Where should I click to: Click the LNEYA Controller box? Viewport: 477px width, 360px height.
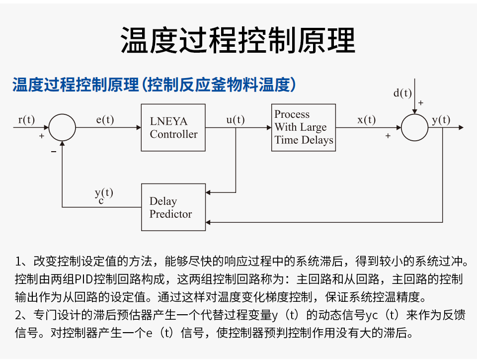point(173,128)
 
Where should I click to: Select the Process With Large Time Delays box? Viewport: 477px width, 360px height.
point(303,127)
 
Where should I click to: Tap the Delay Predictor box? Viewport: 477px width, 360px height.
point(173,207)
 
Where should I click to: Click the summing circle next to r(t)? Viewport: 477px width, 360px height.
point(62,128)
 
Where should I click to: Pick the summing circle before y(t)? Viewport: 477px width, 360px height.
point(414,128)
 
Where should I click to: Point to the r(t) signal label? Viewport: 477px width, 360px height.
point(26,119)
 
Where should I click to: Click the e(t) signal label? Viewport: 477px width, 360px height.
point(105,119)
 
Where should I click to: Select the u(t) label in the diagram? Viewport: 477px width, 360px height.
point(236,119)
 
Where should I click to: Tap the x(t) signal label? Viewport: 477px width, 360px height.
point(367,119)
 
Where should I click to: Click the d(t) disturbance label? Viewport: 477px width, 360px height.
point(402,93)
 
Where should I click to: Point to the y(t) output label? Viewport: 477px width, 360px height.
point(441,119)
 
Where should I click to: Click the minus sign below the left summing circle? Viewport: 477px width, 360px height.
point(54,152)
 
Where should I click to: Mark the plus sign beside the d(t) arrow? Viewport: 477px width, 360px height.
point(421,103)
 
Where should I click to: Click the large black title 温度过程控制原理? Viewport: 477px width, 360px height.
point(238,40)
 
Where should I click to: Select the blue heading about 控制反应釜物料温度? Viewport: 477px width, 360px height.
point(154,85)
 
